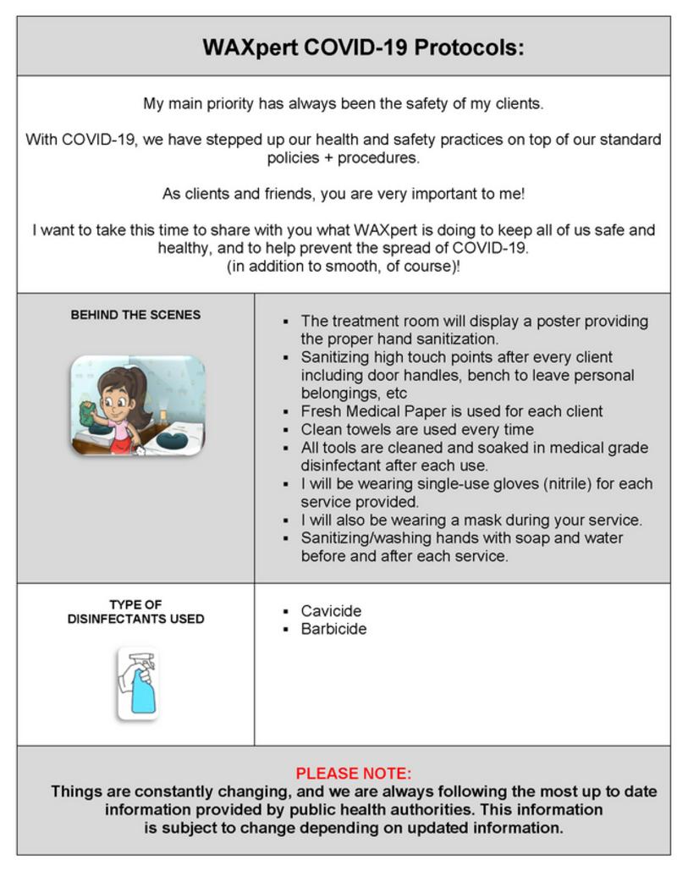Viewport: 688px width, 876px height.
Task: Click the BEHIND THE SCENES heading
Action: tap(135, 315)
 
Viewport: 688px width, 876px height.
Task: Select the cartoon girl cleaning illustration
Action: tap(137, 405)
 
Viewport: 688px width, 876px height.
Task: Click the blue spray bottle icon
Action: tap(138, 684)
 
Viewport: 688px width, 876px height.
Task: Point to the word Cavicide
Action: tap(331, 611)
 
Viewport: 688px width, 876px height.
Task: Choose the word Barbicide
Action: tap(333, 629)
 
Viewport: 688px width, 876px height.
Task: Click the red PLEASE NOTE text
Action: tap(353, 774)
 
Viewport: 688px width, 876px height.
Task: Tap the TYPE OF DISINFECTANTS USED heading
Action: tap(135, 612)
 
